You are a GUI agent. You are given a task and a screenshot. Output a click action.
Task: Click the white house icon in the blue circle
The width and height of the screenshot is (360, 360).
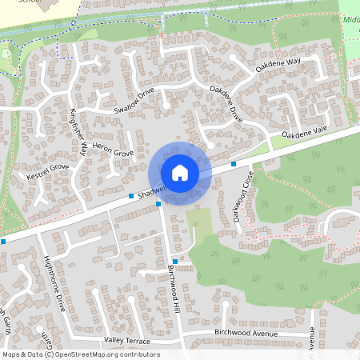(180, 172)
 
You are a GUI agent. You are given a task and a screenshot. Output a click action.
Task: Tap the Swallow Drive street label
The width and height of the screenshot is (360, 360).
(133, 102)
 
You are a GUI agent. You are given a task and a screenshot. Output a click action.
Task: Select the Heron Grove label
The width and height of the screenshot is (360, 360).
(112, 151)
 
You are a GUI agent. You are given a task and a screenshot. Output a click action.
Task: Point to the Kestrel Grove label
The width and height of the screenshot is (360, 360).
(48, 171)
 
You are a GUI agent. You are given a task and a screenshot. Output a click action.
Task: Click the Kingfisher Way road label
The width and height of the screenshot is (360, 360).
(78, 131)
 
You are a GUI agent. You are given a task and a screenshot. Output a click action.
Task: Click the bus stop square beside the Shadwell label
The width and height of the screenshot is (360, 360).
(130, 195)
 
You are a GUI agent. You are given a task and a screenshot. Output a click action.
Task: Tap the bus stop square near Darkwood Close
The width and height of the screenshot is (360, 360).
(234, 163)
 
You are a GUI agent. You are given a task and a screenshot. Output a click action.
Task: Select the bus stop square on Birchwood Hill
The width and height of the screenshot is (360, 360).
(175, 262)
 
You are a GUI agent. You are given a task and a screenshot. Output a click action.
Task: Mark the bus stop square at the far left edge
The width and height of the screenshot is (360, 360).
(3, 241)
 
